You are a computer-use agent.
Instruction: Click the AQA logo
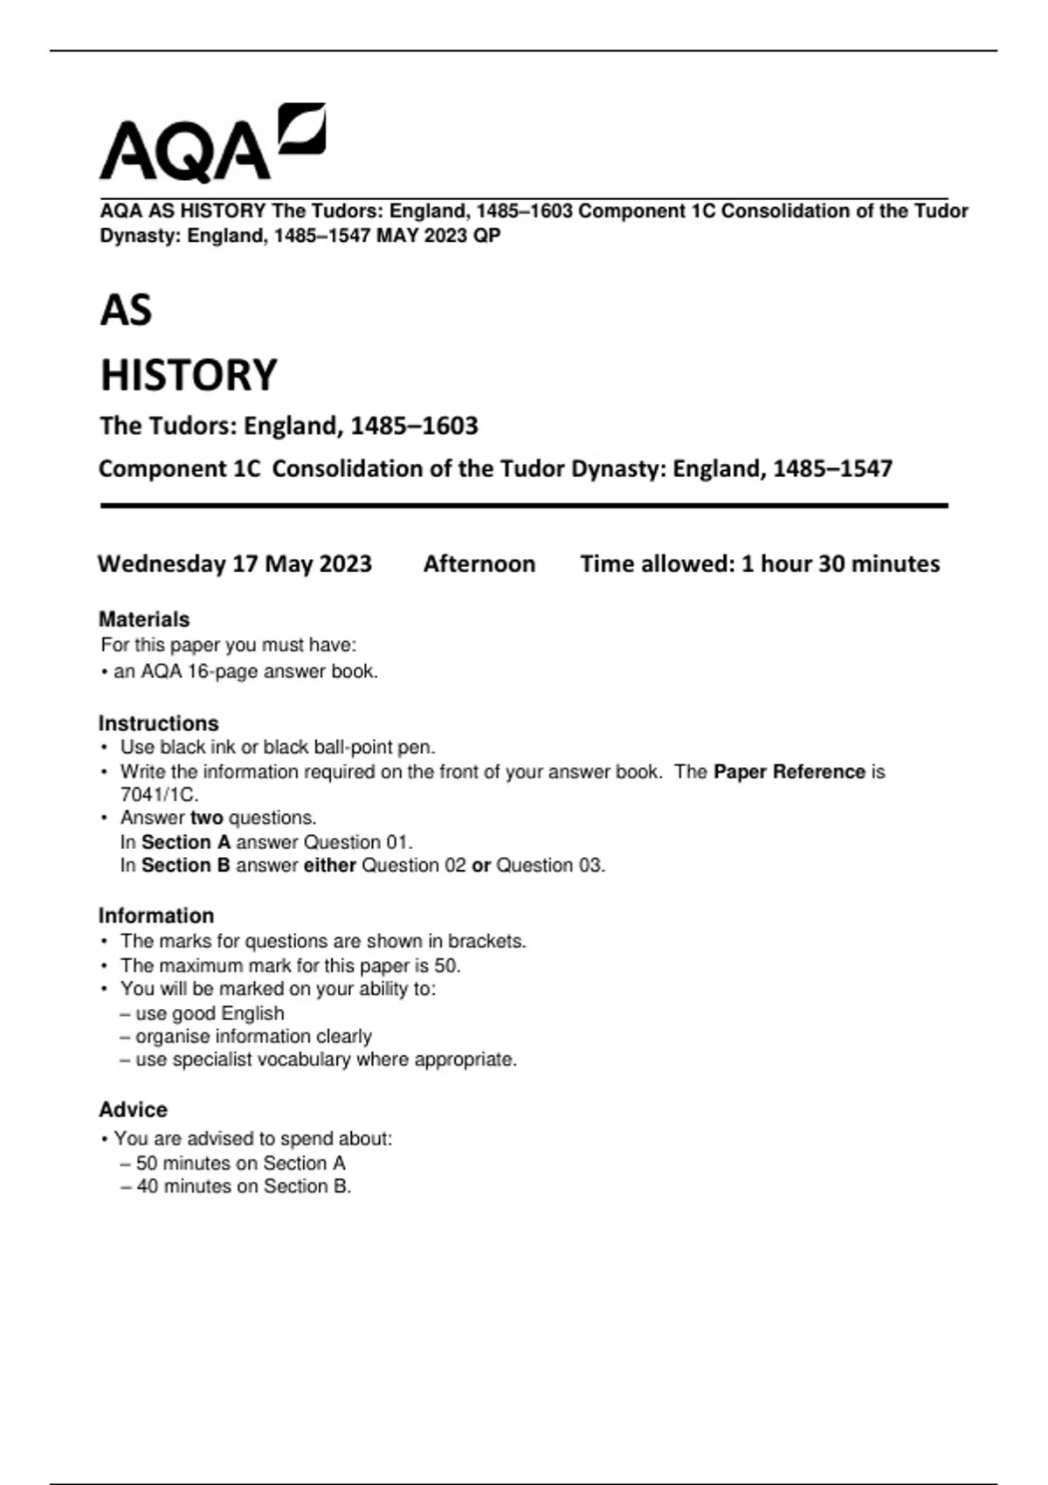pos(212,144)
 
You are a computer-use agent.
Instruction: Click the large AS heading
pos(127,311)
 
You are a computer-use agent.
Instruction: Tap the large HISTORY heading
pos(189,376)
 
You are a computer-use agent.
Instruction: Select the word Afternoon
pos(479,564)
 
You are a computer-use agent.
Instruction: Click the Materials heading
pos(144,619)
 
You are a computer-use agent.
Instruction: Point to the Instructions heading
pos(158,723)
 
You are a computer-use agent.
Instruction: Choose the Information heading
pos(156,915)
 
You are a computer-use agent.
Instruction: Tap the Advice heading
pos(133,1109)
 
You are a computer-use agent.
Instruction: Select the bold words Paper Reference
pos(789,772)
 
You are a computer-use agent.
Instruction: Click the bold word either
pos(329,866)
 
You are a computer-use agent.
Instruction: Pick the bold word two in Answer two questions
pos(207,818)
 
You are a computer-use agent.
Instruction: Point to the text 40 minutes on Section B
pos(243,1186)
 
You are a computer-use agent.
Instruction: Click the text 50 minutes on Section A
pos(240,1164)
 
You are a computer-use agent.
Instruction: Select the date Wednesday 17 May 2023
pos(235,564)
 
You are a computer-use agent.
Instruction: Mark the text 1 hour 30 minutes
pos(840,564)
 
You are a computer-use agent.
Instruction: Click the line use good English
pos(210,1013)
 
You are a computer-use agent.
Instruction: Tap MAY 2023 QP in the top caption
pos(438,236)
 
